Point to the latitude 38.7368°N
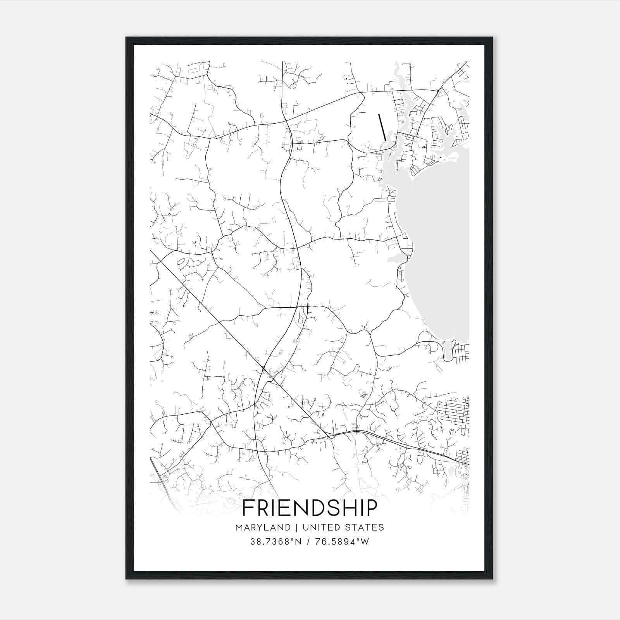pos(276,542)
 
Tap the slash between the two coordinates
pos(308,542)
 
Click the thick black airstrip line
pos(382,127)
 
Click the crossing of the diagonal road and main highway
pos(263,368)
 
